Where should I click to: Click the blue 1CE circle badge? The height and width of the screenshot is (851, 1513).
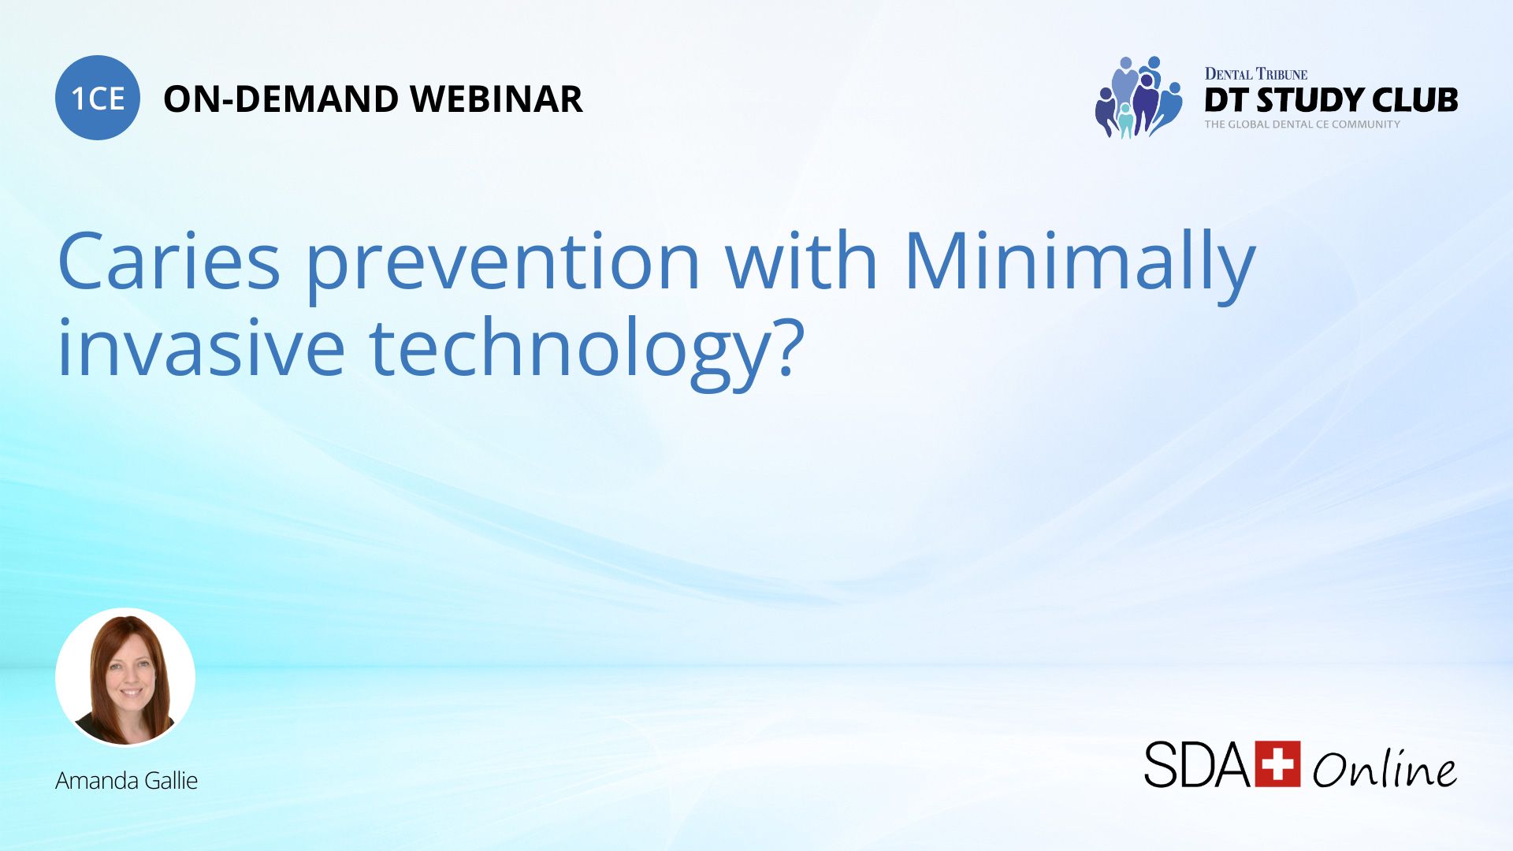[98, 98]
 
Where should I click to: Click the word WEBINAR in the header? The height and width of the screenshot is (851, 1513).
[496, 99]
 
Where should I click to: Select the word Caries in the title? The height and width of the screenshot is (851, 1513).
[169, 262]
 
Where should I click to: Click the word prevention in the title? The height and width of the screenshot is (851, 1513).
[503, 264]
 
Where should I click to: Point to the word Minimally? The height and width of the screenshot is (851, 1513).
[1079, 264]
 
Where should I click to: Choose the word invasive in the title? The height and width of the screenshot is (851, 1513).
[202, 348]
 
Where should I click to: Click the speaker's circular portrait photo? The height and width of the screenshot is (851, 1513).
[125, 677]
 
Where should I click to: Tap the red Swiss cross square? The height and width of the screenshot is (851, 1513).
[1277, 764]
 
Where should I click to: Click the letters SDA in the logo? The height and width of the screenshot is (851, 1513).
[1196, 764]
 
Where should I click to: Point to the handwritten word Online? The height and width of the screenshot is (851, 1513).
[1384, 768]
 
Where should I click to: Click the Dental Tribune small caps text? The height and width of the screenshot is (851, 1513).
[1255, 74]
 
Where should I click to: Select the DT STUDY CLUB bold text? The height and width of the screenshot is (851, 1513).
[1330, 100]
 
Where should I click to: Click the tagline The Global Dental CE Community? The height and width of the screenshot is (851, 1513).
[1302, 124]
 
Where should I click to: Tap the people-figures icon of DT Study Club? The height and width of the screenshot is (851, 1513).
[1138, 98]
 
